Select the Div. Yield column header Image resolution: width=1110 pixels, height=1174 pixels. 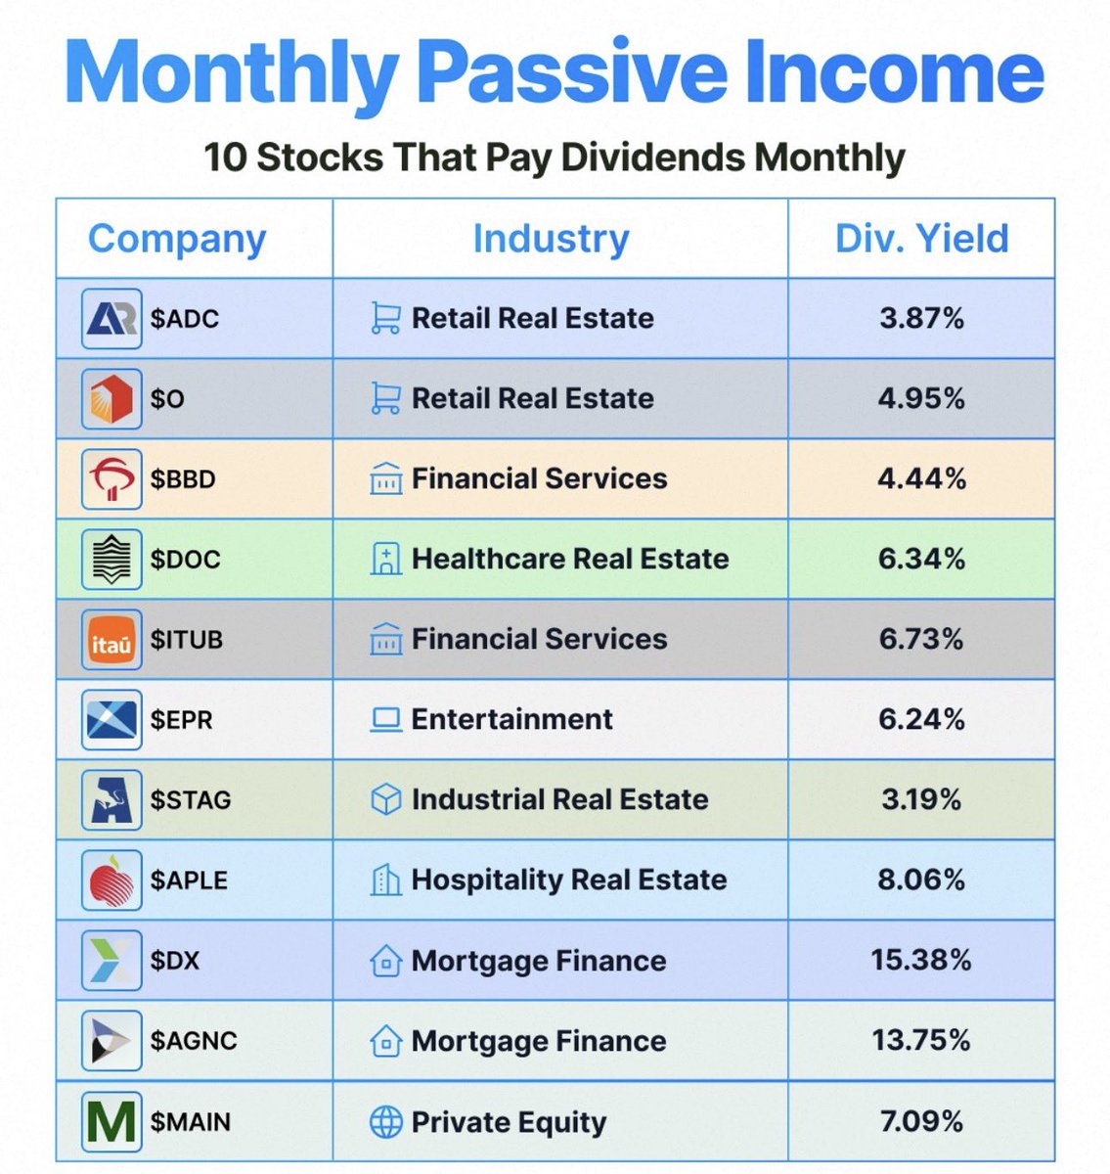pos(921,239)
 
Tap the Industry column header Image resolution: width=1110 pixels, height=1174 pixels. pos(551,239)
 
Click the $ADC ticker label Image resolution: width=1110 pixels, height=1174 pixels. pos(184,319)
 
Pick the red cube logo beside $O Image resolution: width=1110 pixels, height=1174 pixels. pos(111,399)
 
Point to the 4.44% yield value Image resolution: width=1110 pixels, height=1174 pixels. pos(921,479)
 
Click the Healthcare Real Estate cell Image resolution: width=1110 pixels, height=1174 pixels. pos(570,560)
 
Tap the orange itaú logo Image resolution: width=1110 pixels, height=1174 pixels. pos(111,640)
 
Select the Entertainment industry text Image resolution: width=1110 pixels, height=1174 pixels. pos(511,720)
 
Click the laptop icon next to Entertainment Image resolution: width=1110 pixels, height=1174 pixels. pos(386,720)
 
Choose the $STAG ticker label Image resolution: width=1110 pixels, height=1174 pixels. pos(191,800)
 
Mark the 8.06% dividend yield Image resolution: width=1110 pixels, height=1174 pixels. pos(921,880)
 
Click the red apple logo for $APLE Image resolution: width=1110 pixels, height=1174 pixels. pos(111,880)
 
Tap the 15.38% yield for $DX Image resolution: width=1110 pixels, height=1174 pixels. pos(921,961)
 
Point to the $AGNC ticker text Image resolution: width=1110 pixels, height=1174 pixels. pos(194,1041)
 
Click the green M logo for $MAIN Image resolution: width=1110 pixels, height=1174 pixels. pos(111,1121)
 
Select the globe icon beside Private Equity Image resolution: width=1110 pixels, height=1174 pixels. pos(386,1122)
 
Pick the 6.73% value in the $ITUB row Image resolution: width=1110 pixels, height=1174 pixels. pos(921,640)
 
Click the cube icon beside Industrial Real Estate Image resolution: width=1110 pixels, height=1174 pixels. pos(386,800)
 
